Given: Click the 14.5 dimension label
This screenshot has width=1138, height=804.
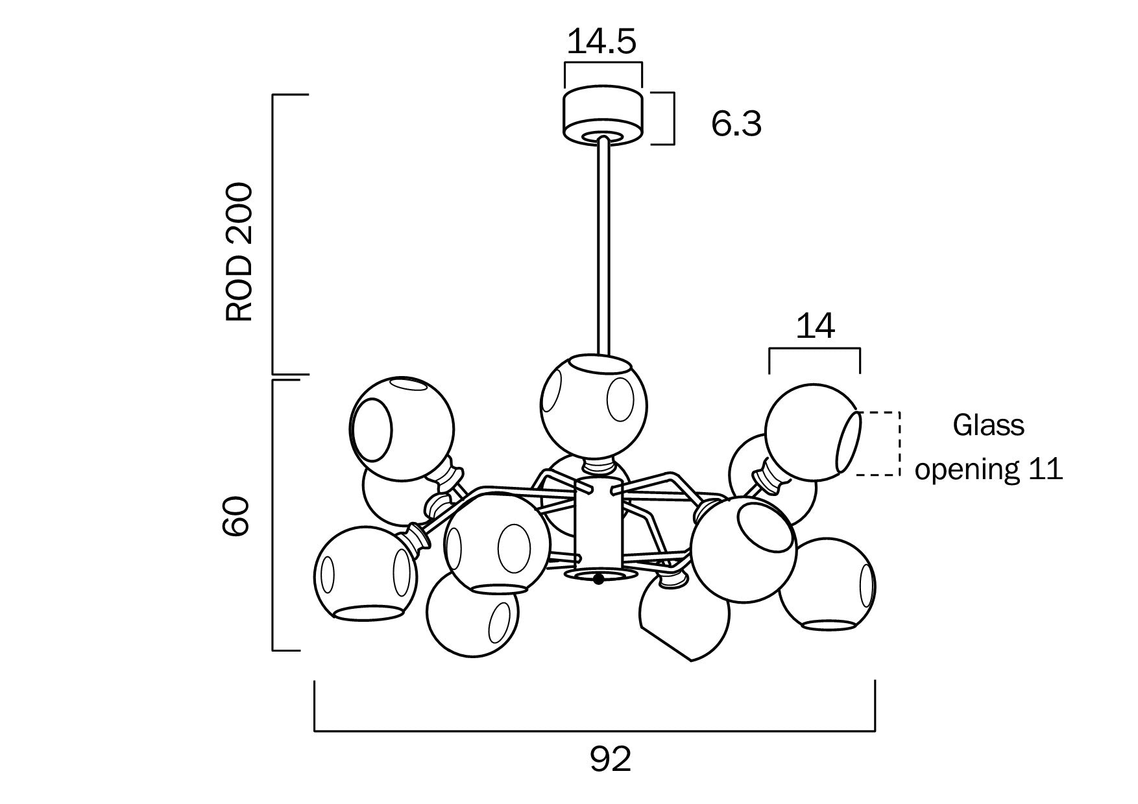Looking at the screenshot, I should (602, 41).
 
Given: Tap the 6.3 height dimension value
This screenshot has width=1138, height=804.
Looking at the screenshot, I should (736, 124).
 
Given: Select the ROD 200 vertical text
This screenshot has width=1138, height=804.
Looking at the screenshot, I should (238, 252).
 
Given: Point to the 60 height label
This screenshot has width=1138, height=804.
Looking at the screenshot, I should (236, 516).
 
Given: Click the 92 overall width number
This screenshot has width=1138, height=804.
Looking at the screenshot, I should (610, 759).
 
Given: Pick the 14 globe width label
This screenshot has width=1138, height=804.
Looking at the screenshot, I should (815, 327).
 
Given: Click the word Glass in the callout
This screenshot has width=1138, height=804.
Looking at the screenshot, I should (988, 425).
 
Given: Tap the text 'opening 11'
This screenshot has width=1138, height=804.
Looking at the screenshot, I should (988, 468).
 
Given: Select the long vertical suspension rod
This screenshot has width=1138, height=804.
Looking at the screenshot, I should (603, 246).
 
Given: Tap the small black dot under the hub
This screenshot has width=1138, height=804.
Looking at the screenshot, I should (598, 579).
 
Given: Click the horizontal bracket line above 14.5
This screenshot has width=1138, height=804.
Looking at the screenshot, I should (603, 63).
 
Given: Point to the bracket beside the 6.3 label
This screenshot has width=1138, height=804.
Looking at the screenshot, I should (673, 118).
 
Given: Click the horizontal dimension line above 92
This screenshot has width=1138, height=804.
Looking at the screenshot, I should (594, 731).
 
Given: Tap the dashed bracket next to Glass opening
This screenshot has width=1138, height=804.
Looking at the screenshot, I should (899, 443).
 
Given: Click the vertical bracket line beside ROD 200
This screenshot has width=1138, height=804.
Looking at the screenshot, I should (273, 233).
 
